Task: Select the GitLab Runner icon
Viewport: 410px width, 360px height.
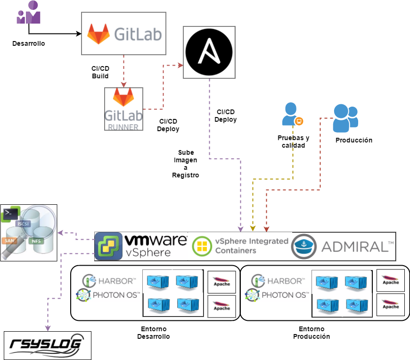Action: tap(123, 109)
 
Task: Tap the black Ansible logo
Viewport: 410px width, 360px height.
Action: tap(209, 52)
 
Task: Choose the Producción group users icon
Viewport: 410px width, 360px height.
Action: tap(345, 118)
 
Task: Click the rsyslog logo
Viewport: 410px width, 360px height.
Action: tap(47, 345)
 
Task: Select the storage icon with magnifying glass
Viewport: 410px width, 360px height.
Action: tap(29, 232)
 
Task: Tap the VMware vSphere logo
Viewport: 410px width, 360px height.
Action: tap(141, 246)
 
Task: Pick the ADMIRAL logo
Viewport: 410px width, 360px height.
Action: tap(343, 246)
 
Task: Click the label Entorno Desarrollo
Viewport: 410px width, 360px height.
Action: tap(153, 333)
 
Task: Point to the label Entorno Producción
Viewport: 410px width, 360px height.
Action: tap(311, 333)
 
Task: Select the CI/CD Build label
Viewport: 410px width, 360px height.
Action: tap(100, 72)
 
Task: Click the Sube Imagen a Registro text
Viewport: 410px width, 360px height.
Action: tap(186, 164)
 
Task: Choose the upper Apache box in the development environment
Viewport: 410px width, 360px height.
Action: tap(221, 282)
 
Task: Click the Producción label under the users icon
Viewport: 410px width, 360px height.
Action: tap(354, 140)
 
